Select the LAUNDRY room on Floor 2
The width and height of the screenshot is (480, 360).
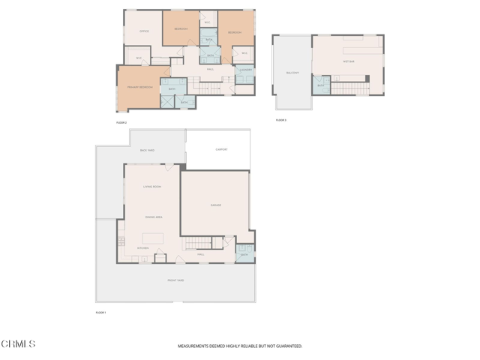coord(244,70)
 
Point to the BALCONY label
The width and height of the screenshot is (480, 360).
coord(292,73)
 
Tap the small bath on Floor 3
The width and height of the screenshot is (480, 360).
coord(320,85)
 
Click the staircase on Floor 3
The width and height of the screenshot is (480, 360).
coord(350,88)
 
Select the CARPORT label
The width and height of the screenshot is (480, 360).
coord(221,149)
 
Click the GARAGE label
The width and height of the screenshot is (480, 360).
coord(215,205)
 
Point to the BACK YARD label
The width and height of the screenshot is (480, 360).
coord(147,150)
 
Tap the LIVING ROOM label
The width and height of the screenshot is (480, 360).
coord(152,186)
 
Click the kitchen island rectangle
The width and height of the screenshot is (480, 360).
coord(152,239)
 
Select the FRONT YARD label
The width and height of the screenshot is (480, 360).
coord(175,280)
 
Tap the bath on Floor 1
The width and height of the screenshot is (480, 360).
coord(244,254)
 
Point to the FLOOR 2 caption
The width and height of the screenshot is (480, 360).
coord(121,122)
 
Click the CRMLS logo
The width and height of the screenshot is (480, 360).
coord(19,344)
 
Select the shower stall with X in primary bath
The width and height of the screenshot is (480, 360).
coord(167,101)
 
